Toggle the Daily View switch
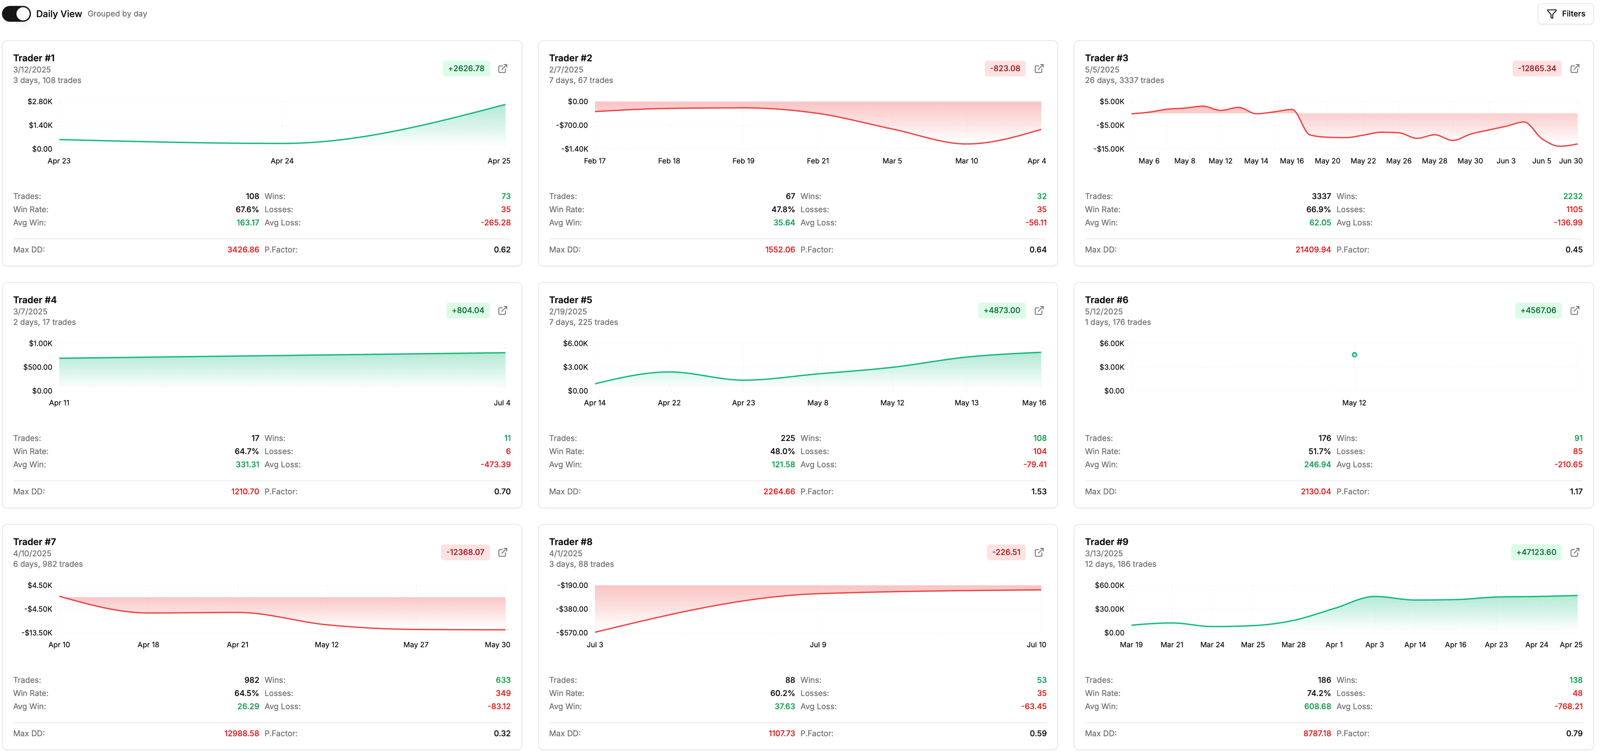click(x=16, y=14)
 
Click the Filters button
click(x=1565, y=14)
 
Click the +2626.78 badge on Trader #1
click(x=466, y=68)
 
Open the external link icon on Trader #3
click(x=1575, y=68)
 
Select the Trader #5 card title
click(x=570, y=300)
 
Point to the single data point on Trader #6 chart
click(x=1354, y=355)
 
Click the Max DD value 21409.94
click(x=1312, y=250)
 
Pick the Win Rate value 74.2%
click(x=1318, y=693)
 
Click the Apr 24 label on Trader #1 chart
click(x=282, y=161)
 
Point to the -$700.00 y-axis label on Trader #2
click(x=571, y=125)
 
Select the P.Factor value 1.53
click(x=1038, y=491)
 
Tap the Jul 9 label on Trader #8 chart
click(x=817, y=645)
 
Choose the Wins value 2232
click(x=1572, y=196)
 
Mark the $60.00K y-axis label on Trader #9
click(x=1109, y=585)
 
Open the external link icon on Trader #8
click(x=1038, y=552)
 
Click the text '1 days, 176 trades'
click(x=1117, y=323)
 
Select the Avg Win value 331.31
click(x=247, y=465)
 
